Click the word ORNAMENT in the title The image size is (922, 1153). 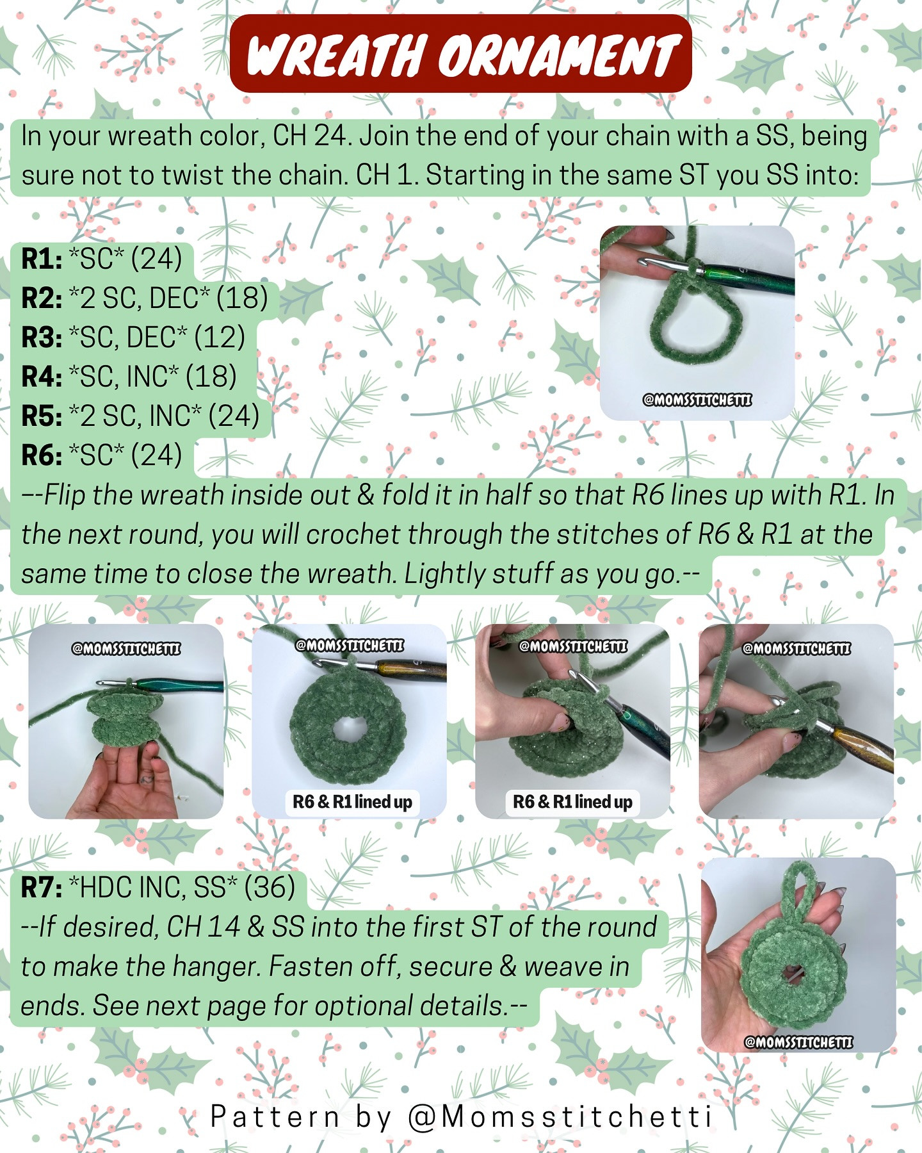tap(557, 55)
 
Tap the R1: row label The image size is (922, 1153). tap(42, 259)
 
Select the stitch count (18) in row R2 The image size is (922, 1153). tap(242, 298)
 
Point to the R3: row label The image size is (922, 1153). tap(42, 338)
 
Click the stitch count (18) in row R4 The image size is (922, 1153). tap(211, 377)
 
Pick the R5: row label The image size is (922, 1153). tap(42, 416)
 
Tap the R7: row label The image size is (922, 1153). tap(42, 888)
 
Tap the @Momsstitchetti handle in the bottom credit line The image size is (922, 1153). tap(560, 1117)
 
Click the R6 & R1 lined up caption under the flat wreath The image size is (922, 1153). tap(352, 802)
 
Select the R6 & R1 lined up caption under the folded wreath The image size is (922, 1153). tap(572, 802)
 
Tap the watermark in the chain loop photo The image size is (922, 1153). tap(697, 400)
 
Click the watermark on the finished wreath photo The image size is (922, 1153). tap(798, 1042)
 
